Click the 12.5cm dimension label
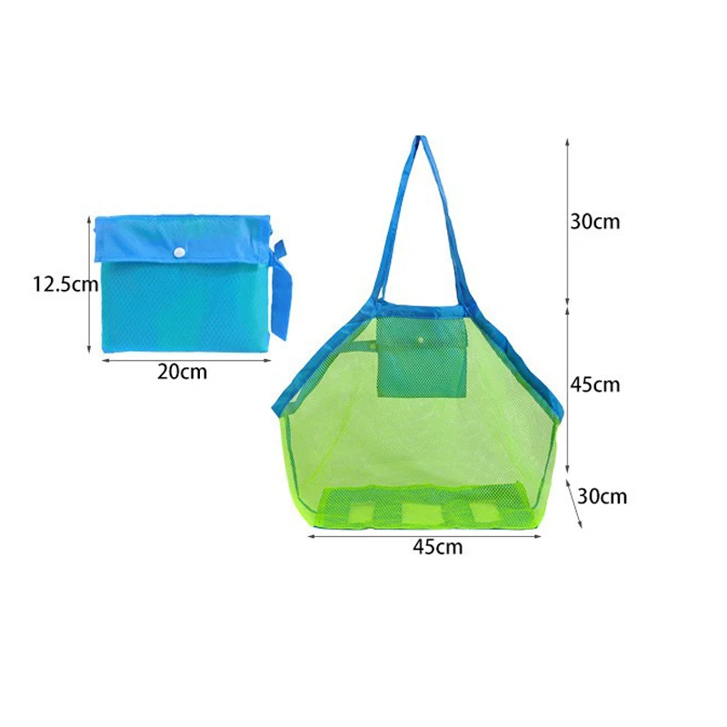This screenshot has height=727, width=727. (65, 284)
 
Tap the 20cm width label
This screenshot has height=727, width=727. (182, 372)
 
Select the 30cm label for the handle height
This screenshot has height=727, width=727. (595, 221)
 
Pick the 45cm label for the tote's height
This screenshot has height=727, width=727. (595, 384)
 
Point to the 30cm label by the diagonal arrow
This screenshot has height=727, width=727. (603, 496)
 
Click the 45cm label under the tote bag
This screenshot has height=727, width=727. (437, 546)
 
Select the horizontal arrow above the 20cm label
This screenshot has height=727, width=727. (182, 359)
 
